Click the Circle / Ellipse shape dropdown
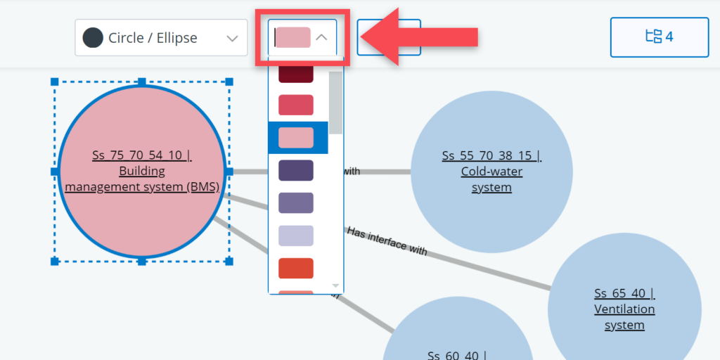(x=161, y=37)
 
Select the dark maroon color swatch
(x=296, y=73)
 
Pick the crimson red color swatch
(x=296, y=105)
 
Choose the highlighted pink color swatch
(x=296, y=138)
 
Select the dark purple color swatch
(x=296, y=170)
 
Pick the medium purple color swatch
(x=296, y=203)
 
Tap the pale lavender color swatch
(x=296, y=236)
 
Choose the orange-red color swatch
(x=296, y=268)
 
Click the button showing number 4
(x=659, y=37)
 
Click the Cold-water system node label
(x=491, y=172)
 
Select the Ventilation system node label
(x=624, y=309)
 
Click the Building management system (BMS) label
(x=142, y=171)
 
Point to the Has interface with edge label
(x=387, y=241)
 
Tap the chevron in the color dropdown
(x=322, y=37)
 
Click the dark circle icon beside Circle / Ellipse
(x=93, y=37)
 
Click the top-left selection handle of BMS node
(x=55, y=82)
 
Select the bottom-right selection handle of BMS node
(x=229, y=261)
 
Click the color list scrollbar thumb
(x=335, y=102)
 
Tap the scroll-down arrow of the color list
(x=335, y=286)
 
